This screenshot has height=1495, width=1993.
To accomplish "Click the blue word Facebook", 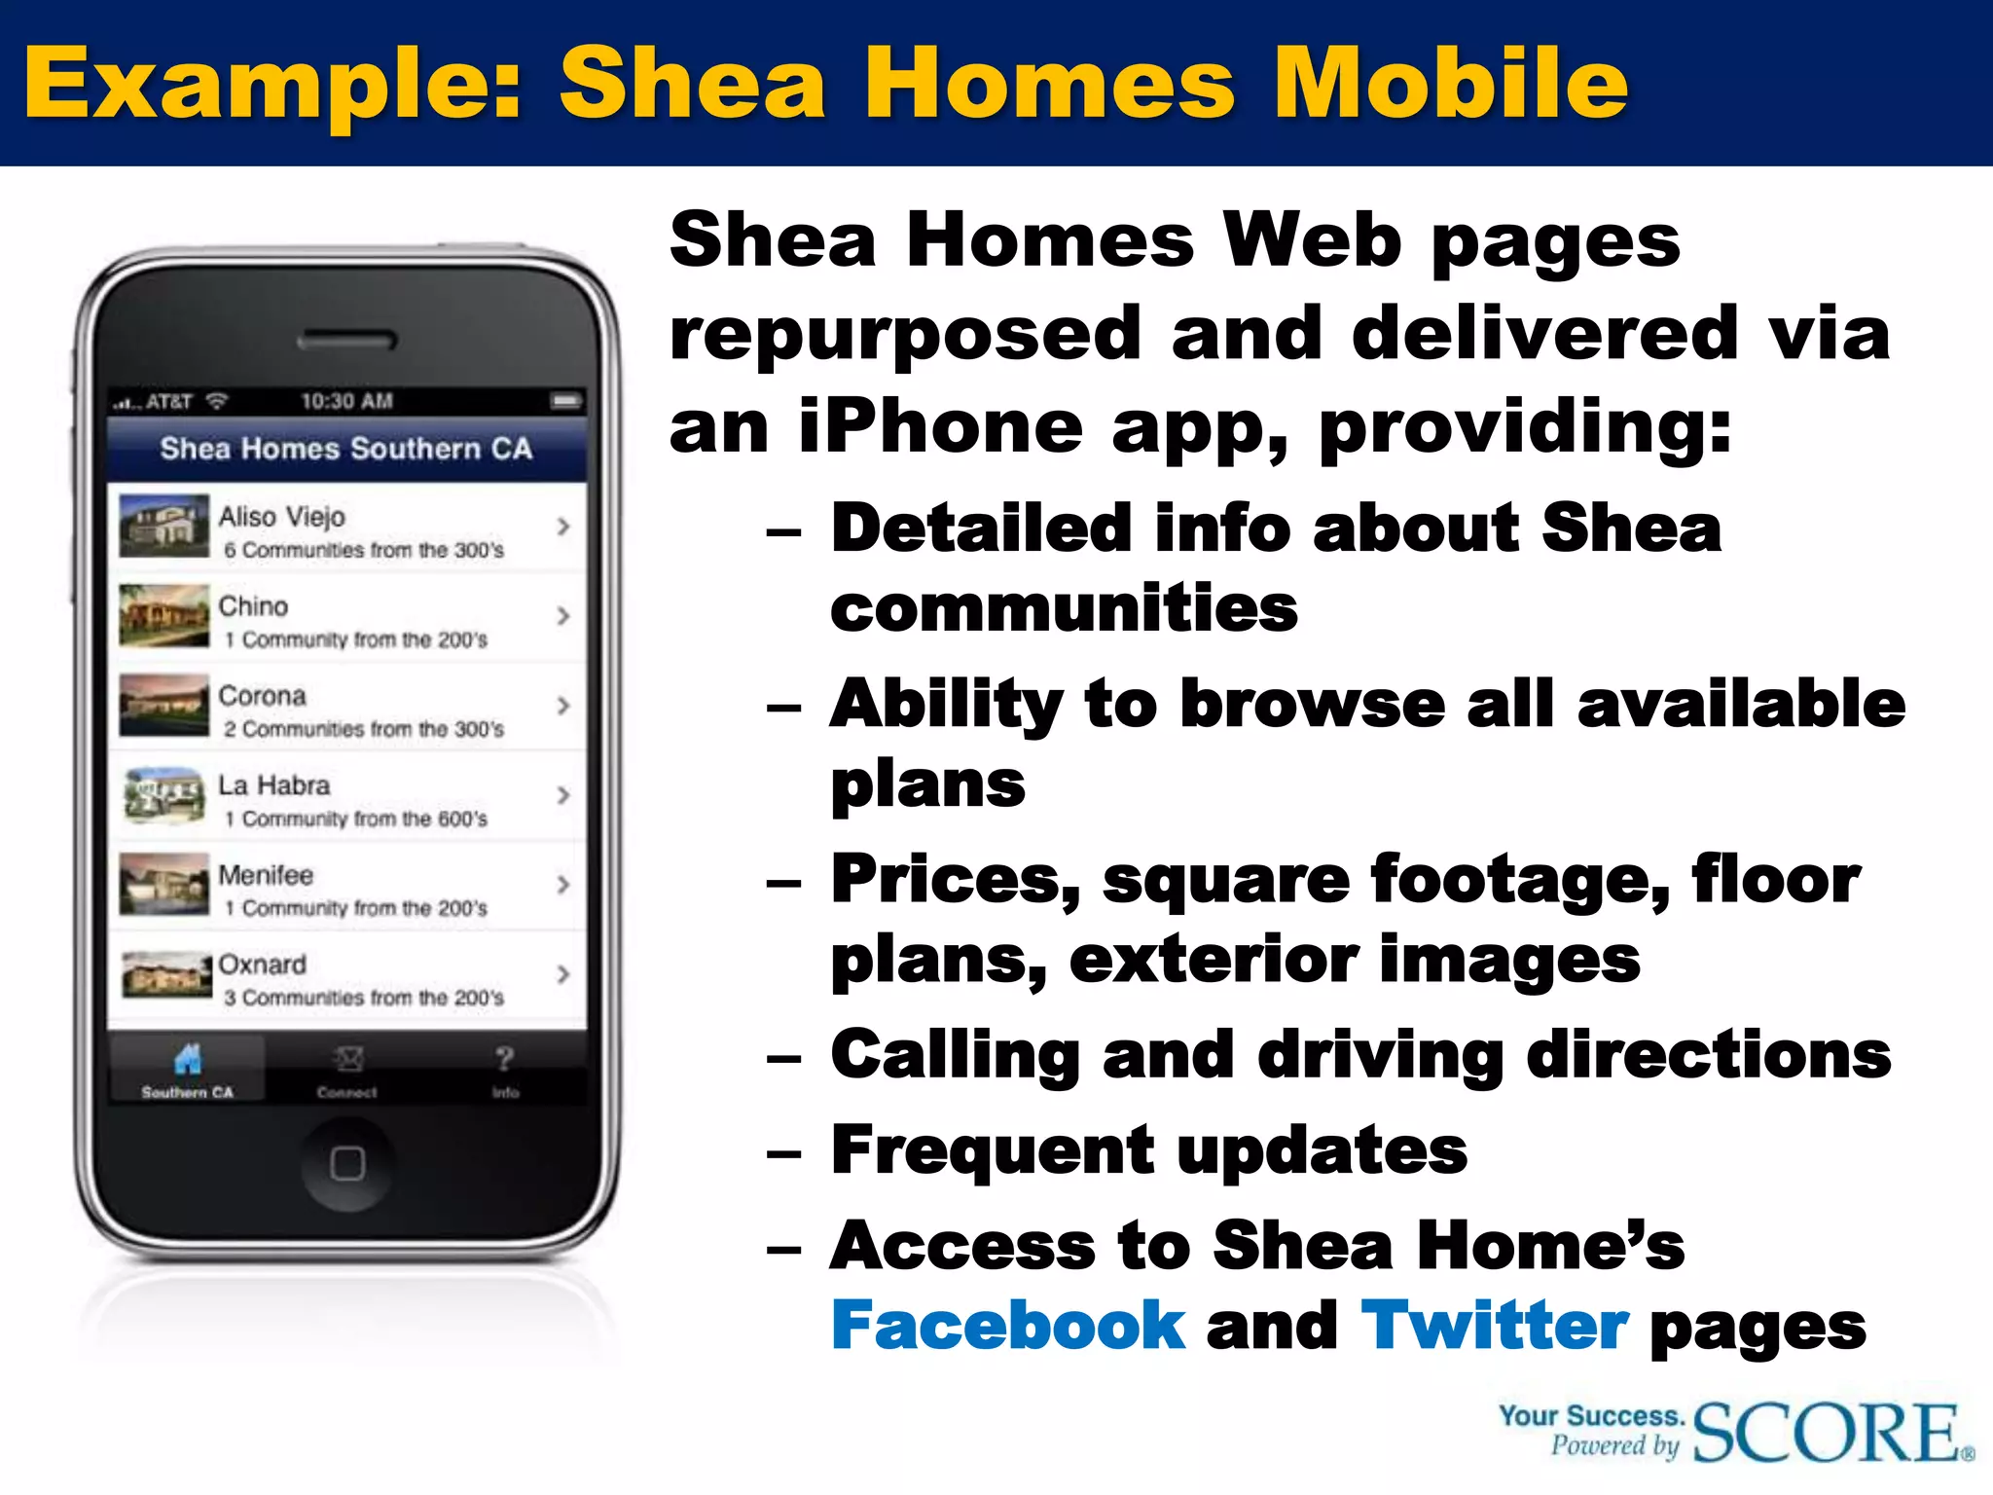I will pyautogui.click(x=1007, y=1326).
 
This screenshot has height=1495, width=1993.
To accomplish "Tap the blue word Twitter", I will pyautogui.click(x=1494, y=1326).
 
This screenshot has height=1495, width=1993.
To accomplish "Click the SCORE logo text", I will pyautogui.click(x=1828, y=1433).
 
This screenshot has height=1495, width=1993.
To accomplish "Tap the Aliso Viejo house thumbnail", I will pyautogui.click(x=163, y=526).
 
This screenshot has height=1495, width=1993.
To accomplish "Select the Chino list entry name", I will pyautogui.click(x=253, y=605).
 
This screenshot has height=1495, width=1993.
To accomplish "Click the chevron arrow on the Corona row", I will pyautogui.click(x=563, y=706).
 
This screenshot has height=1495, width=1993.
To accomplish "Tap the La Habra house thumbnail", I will pyautogui.click(x=163, y=794).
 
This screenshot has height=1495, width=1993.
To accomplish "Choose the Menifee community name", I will pyautogui.click(x=266, y=875).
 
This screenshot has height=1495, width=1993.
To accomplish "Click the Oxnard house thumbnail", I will pyautogui.click(x=165, y=973).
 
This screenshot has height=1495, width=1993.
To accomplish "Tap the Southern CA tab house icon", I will pyautogui.click(x=187, y=1058).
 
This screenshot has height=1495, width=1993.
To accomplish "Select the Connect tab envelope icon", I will pyautogui.click(x=347, y=1058).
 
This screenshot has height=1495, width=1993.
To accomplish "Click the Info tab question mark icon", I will pyautogui.click(x=504, y=1058).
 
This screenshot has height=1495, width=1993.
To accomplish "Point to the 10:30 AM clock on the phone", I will pyautogui.click(x=346, y=401).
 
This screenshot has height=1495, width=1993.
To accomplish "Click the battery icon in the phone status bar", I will pyautogui.click(x=565, y=401).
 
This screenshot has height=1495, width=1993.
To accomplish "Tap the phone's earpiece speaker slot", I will pyautogui.click(x=346, y=341).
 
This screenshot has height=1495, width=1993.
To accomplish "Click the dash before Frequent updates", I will pyautogui.click(x=783, y=1154).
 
